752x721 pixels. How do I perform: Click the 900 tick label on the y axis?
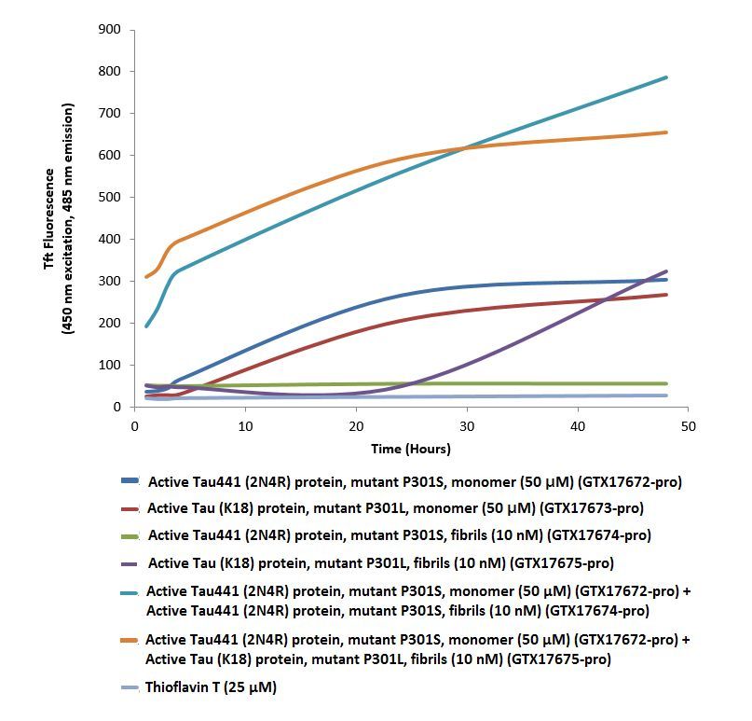111,30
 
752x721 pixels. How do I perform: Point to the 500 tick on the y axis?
111,198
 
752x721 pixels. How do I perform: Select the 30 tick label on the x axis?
466,425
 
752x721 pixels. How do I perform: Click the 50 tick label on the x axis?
688,425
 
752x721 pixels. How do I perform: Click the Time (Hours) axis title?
411,449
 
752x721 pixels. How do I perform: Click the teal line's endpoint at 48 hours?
666,77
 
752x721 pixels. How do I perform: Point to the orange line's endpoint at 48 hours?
666,132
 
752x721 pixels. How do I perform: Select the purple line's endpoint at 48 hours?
666,271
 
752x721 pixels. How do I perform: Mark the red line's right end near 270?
666,295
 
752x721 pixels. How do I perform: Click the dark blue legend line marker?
130,482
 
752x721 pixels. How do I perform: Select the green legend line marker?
130,535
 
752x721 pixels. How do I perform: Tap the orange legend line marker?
130,640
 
